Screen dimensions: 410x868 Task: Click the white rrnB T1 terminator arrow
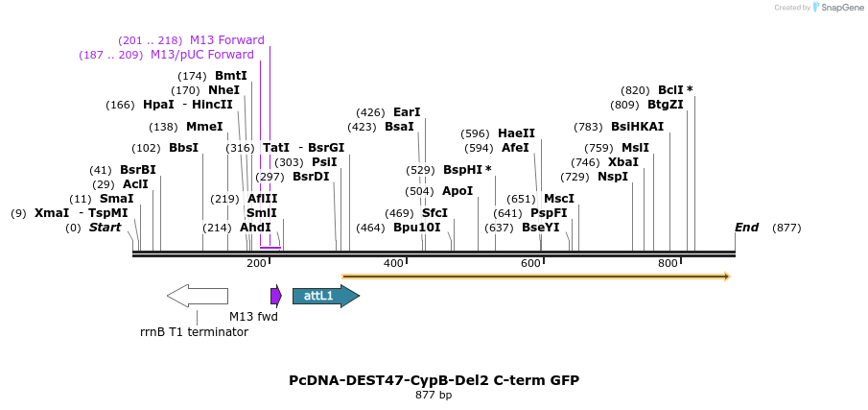pos(198,296)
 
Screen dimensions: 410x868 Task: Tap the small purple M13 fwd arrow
pos(276,296)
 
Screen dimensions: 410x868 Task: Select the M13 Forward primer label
pos(226,40)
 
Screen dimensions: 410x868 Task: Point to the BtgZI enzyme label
pos(665,105)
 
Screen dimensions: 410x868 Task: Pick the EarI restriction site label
pos(407,112)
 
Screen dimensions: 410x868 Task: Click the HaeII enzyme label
pos(516,133)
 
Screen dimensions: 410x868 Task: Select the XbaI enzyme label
pos(623,162)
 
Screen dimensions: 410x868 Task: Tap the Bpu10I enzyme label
pos(416,228)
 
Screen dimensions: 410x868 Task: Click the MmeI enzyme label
pos(204,127)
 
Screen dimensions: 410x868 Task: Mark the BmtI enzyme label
pos(230,76)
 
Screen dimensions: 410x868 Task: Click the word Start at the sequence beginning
pos(105,228)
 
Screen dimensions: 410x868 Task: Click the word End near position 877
pos(746,228)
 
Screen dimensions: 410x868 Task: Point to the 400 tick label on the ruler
pos(393,263)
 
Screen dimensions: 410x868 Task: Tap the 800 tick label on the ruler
pos(668,263)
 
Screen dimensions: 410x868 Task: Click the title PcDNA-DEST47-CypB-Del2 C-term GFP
pos(434,380)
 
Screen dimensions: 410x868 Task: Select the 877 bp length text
pos(434,395)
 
